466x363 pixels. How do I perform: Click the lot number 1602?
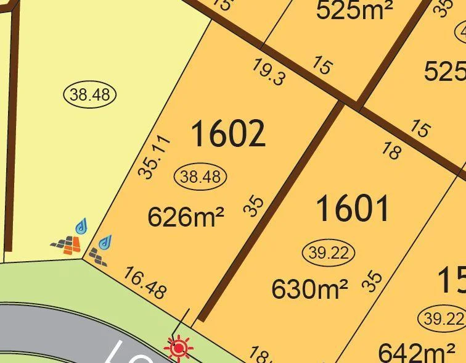point(228,134)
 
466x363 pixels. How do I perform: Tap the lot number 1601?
point(353,208)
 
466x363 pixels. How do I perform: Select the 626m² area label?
point(186,217)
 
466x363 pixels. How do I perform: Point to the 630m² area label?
point(310,288)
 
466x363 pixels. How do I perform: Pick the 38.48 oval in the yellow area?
point(90,94)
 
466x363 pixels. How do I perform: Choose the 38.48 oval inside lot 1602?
point(200,177)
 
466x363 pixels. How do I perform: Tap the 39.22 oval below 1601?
point(329,252)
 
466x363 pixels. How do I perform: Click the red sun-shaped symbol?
point(179,349)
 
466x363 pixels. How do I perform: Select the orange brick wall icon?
point(67,246)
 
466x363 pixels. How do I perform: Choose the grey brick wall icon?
point(97,255)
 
